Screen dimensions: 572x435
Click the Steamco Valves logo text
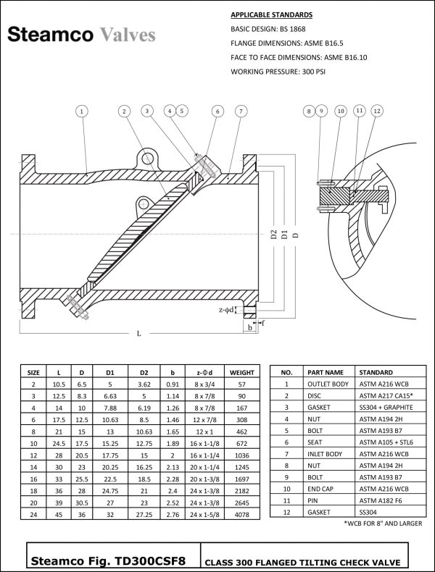click(x=80, y=35)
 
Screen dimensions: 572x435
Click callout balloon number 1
click(x=83, y=112)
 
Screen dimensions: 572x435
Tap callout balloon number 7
click(x=240, y=112)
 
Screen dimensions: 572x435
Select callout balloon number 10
click(x=340, y=112)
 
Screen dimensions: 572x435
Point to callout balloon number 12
click(x=376, y=112)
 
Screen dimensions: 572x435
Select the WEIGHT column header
click(x=241, y=372)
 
